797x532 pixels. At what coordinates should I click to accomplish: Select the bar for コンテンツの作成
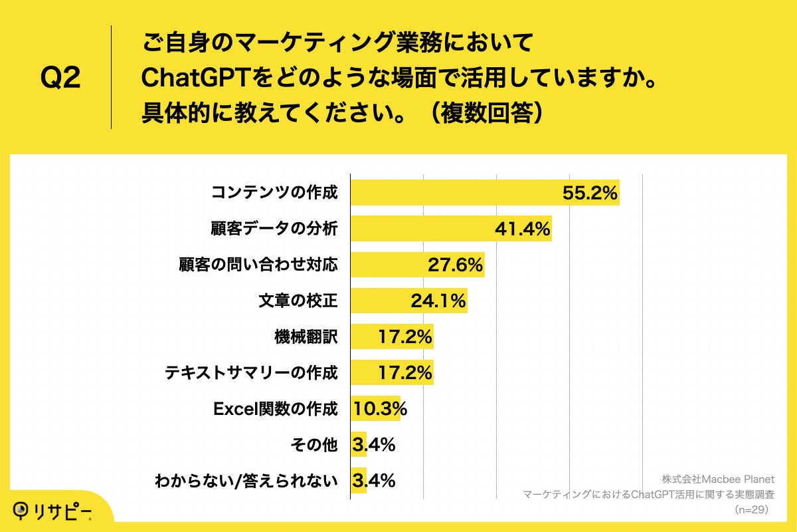click(x=485, y=193)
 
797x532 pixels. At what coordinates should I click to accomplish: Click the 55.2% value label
click(x=590, y=193)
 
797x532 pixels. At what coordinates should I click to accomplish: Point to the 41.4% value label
click(x=522, y=229)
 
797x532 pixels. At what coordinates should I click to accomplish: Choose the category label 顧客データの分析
click(x=274, y=229)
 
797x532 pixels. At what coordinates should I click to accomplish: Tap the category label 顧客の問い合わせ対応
click(x=258, y=265)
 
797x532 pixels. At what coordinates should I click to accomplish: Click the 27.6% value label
click(x=454, y=265)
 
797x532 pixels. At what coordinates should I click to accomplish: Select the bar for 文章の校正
click(x=408, y=301)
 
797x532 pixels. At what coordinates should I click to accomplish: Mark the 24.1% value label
click(x=438, y=301)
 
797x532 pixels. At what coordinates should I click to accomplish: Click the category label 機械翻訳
click(x=306, y=337)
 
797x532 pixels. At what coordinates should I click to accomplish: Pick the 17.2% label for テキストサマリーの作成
click(x=404, y=373)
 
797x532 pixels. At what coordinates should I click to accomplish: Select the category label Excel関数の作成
click(x=275, y=409)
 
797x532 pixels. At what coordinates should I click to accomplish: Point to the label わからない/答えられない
click(x=246, y=480)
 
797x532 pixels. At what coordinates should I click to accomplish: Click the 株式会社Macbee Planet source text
click(x=718, y=479)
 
